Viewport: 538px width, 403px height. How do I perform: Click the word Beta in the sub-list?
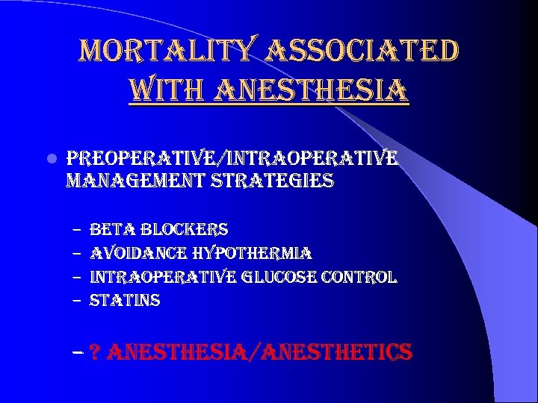click(x=111, y=229)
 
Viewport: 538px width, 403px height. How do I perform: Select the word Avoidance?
click(x=137, y=253)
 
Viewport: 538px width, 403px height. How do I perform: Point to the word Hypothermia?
click(x=252, y=253)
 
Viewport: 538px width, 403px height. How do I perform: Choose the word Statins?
click(x=125, y=301)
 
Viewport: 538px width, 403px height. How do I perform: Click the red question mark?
click(x=95, y=352)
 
